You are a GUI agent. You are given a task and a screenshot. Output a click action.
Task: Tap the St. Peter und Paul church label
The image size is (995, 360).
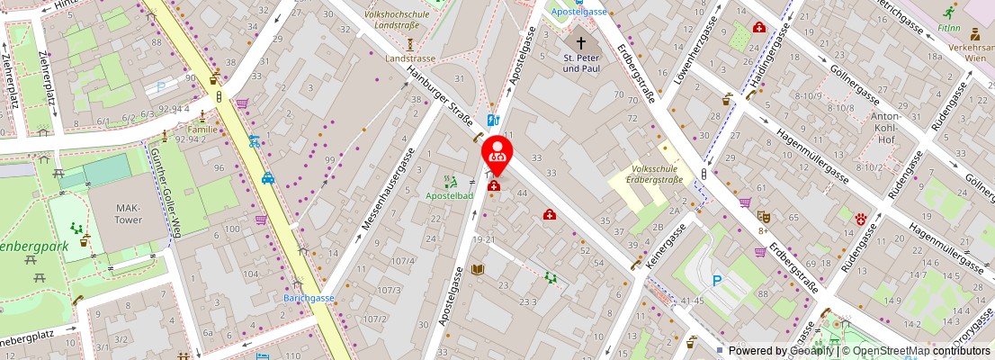click(x=581, y=63)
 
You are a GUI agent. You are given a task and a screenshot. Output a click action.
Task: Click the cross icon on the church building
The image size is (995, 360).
click(x=581, y=43)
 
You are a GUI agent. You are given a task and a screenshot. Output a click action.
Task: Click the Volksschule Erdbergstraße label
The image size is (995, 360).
click(x=655, y=174)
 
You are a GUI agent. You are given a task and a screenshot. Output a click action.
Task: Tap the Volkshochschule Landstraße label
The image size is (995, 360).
click(x=397, y=20)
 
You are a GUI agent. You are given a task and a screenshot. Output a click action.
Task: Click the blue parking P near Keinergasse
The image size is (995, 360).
click(x=717, y=281)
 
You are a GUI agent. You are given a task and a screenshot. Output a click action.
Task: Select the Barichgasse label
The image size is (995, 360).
click(x=309, y=298)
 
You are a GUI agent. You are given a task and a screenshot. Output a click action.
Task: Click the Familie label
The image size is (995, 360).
click(x=202, y=130)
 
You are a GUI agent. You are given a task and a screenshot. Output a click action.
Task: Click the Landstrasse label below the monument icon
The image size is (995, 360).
click(x=410, y=58)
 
